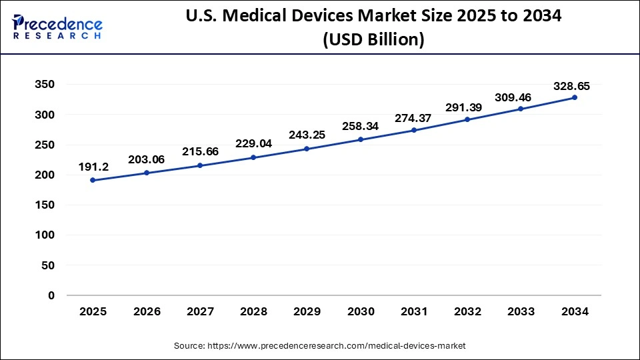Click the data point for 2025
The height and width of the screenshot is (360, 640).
pyautogui.click(x=93, y=180)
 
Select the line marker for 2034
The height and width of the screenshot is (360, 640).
pyautogui.click(x=575, y=97)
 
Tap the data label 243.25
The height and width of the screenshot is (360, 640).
pyautogui.click(x=307, y=135)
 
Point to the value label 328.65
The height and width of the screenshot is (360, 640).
pyautogui.click(x=571, y=86)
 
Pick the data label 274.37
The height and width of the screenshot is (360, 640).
pyautogui.click(x=414, y=118)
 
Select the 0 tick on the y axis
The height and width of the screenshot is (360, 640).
pyautogui.click(x=51, y=295)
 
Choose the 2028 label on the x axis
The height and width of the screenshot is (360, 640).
pyautogui.click(x=253, y=311)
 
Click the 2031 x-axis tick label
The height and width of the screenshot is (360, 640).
pyautogui.click(x=414, y=311)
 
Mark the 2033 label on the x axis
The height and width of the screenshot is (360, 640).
pyautogui.click(x=521, y=311)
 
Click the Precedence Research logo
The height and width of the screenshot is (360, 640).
pyautogui.click(x=57, y=27)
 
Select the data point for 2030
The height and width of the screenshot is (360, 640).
pyautogui.click(x=361, y=139)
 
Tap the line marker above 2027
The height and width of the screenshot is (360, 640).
pyautogui.click(x=200, y=165)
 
